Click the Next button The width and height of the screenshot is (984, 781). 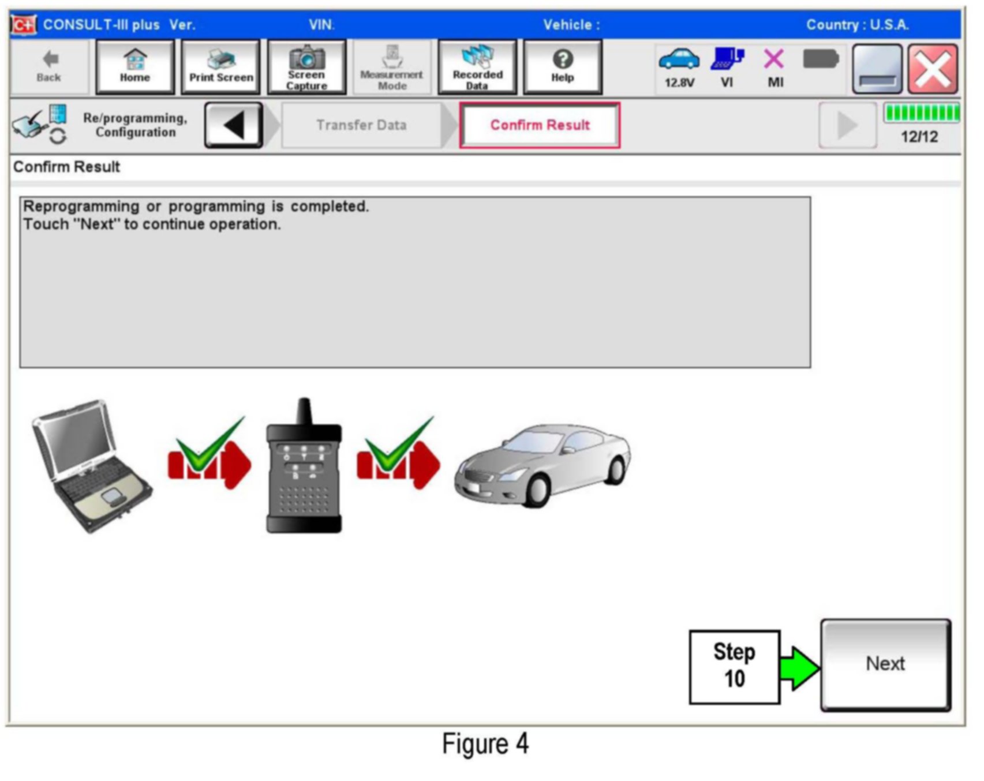click(x=885, y=664)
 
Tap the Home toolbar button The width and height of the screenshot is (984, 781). click(x=135, y=67)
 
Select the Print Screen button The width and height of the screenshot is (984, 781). click(x=221, y=67)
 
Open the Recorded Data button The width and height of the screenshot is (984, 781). click(x=477, y=67)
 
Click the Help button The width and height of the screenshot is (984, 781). click(x=563, y=67)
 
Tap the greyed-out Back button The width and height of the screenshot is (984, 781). click(x=49, y=67)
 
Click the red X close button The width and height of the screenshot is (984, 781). click(x=933, y=69)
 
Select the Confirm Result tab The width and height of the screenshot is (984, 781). click(x=540, y=125)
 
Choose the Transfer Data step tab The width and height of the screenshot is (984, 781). click(x=361, y=125)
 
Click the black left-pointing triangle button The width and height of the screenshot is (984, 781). click(x=234, y=125)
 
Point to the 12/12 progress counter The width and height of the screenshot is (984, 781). click(x=919, y=137)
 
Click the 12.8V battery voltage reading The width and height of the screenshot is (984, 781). click(x=679, y=83)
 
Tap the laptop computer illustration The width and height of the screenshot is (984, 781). click(x=91, y=465)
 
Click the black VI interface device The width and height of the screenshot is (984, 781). click(x=304, y=468)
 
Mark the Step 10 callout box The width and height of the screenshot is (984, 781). click(x=734, y=667)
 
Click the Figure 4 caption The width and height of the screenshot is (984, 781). click(x=485, y=743)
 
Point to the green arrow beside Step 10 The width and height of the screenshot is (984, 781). click(x=799, y=668)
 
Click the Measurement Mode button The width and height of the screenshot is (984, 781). click(x=392, y=67)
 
